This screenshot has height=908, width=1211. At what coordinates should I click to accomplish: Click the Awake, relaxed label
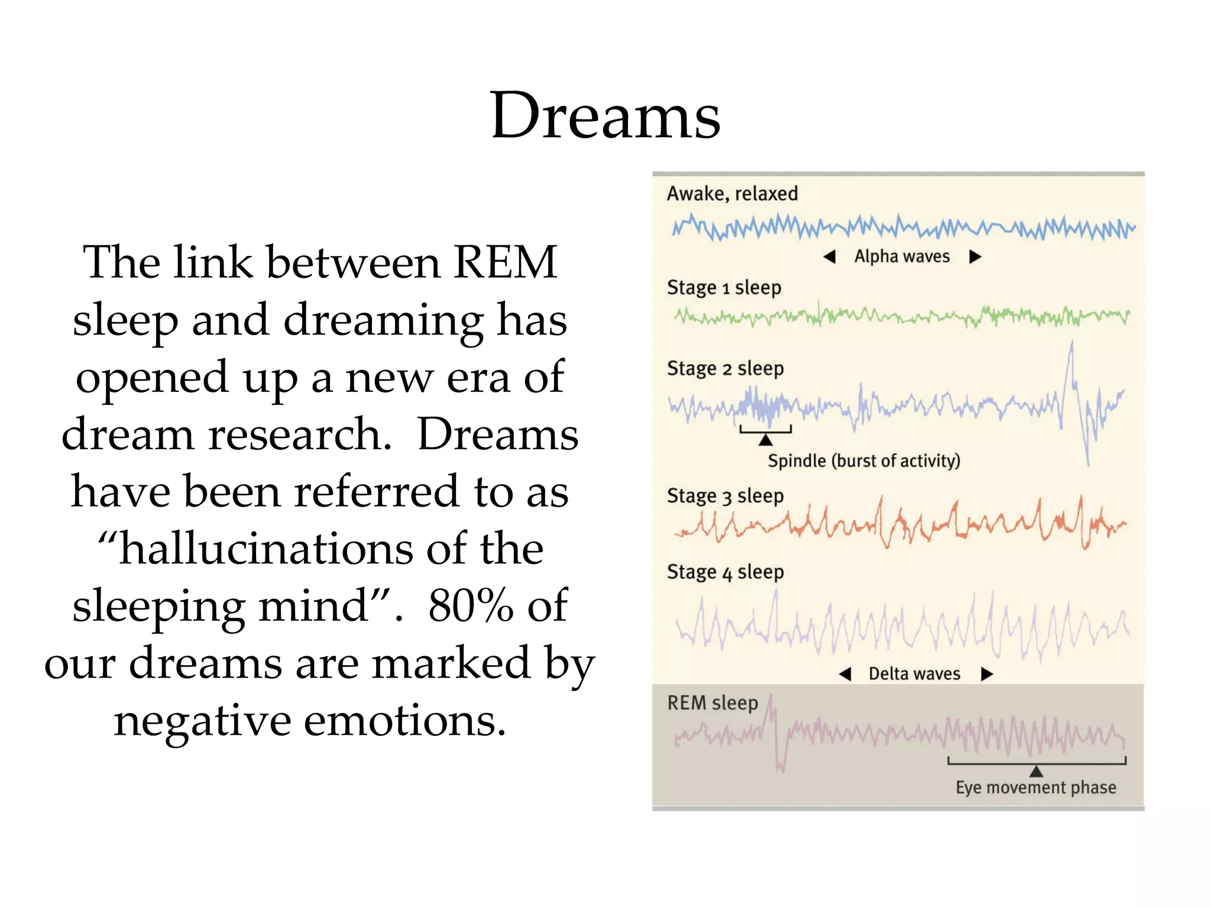point(732,193)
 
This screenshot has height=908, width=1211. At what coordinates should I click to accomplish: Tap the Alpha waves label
point(902,256)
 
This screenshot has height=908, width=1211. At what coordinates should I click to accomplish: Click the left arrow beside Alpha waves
point(830,257)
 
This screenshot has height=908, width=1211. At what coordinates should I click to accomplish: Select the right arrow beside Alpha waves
point(975,257)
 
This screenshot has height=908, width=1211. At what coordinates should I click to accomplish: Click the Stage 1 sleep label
point(724,287)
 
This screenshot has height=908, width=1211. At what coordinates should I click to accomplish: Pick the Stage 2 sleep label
point(725,368)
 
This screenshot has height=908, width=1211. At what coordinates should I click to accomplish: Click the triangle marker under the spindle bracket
point(766,440)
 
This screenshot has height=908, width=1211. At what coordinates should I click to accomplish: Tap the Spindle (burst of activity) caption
point(863,461)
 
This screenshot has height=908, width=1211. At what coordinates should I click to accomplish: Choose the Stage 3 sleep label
point(725,495)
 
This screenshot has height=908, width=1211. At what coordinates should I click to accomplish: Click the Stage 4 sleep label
point(725,572)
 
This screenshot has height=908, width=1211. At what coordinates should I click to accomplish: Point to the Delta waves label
point(914,673)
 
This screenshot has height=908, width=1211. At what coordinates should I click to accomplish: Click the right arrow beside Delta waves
point(986,674)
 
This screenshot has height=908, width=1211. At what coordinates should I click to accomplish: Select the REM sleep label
point(713,703)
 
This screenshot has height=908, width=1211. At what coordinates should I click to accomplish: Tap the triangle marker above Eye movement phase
point(1036,771)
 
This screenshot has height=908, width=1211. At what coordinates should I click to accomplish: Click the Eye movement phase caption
point(1036,787)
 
